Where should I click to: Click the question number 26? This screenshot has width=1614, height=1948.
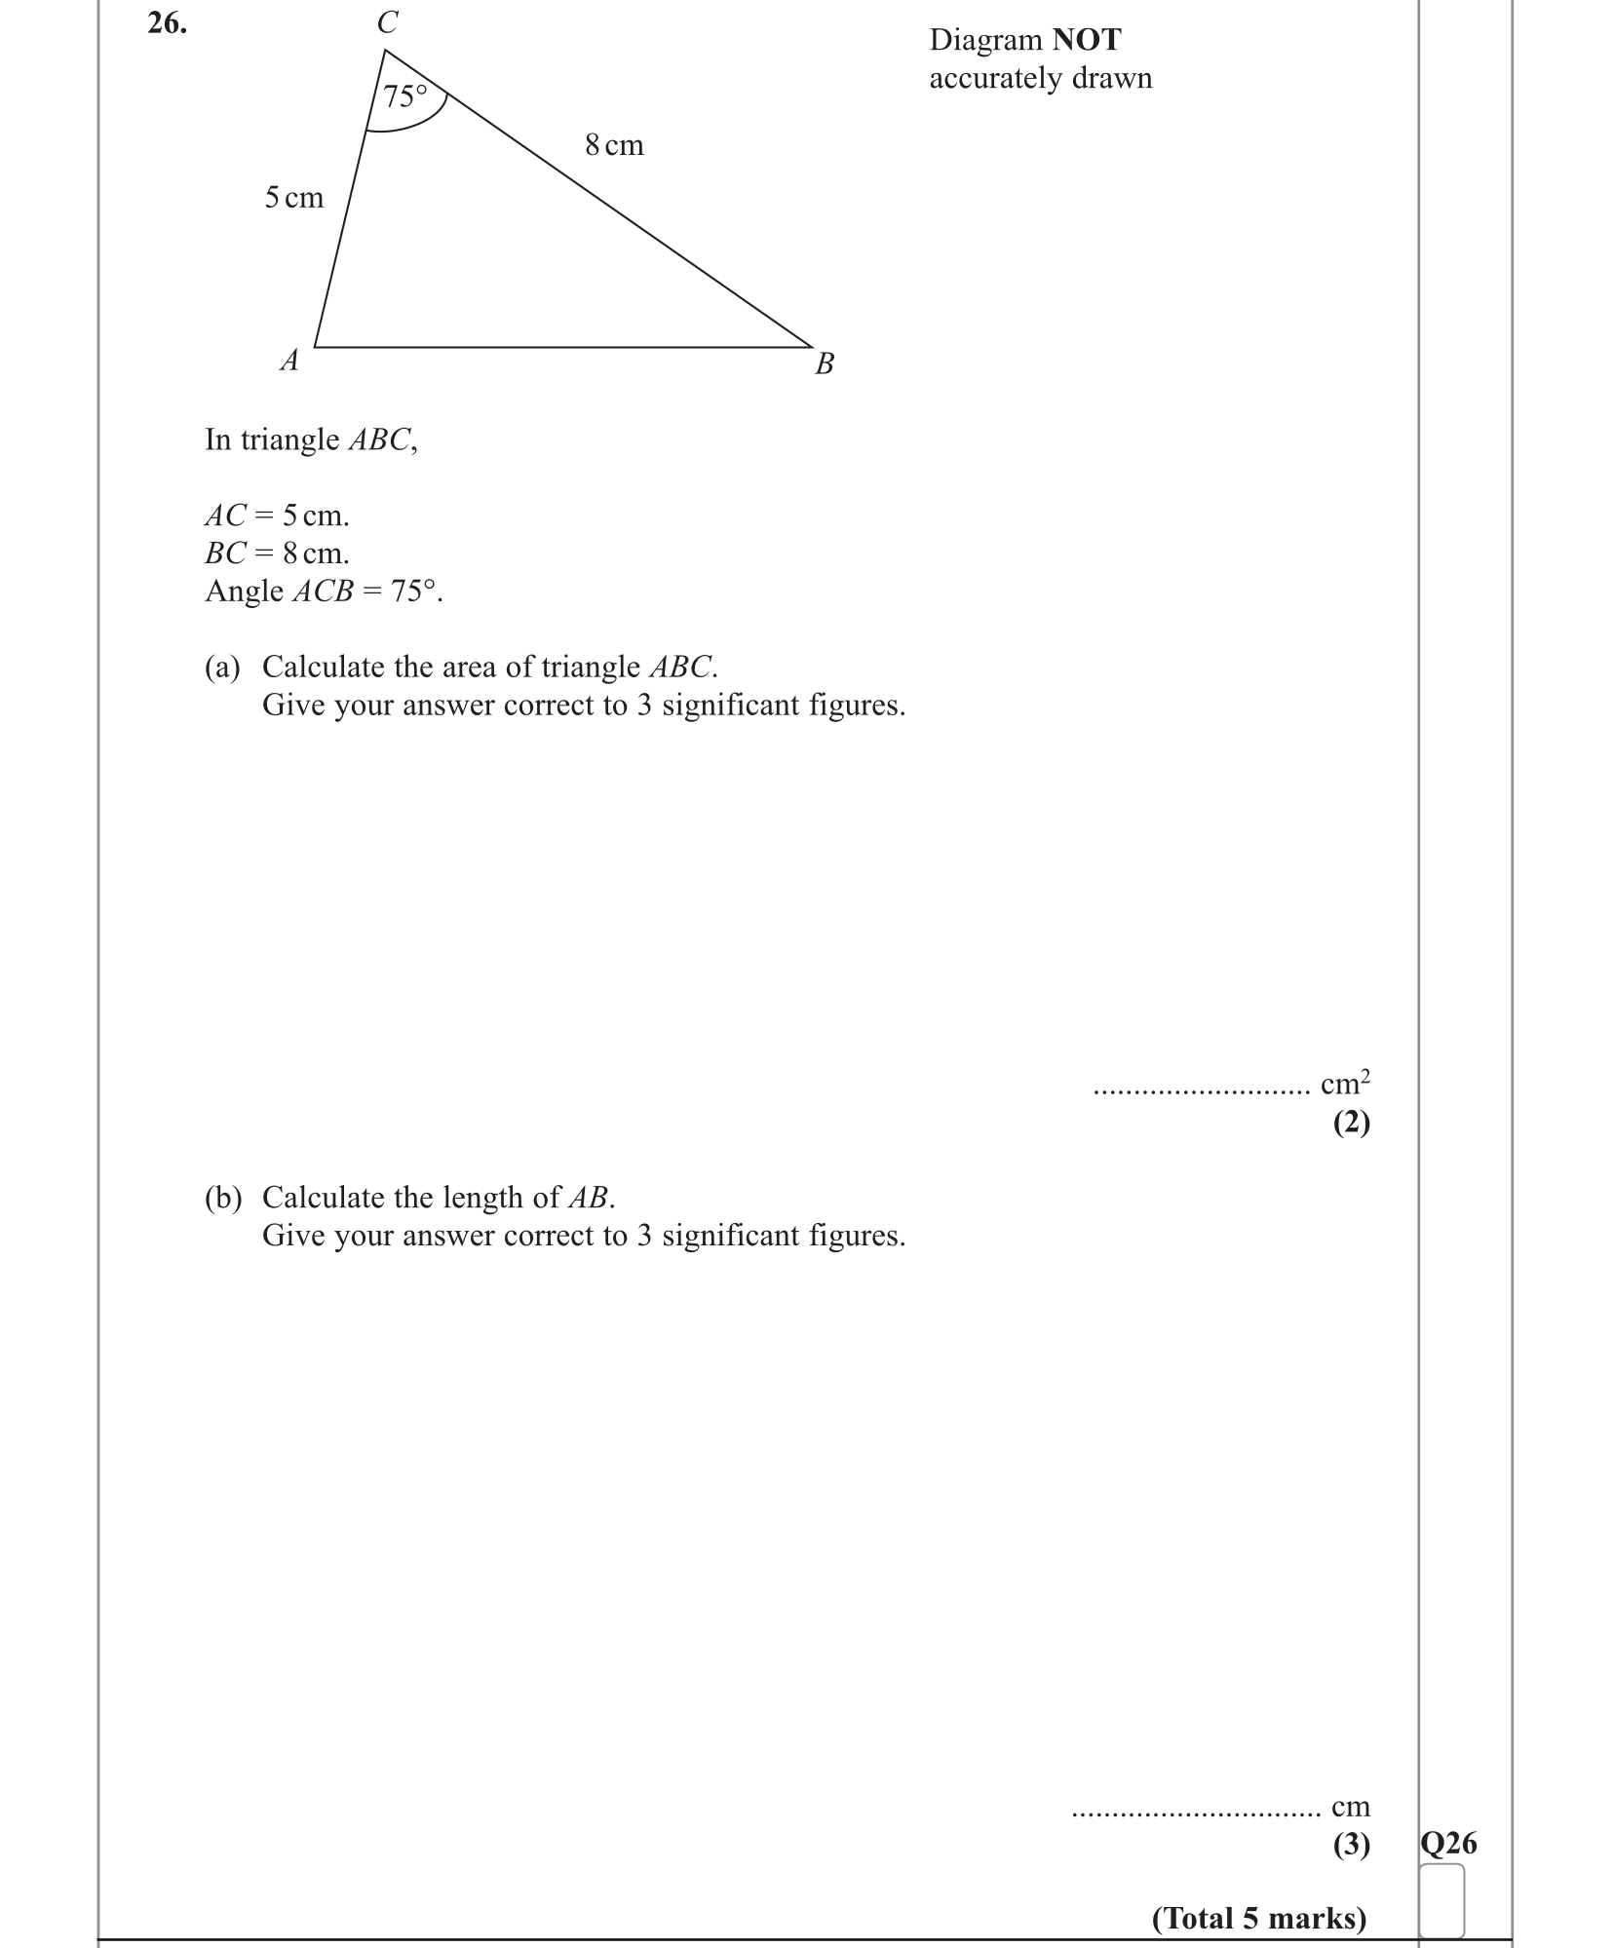[167, 24]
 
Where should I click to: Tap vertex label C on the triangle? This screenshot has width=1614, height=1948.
[388, 22]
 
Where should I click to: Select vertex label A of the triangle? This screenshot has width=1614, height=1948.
[289, 362]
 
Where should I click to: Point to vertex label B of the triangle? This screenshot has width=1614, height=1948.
[825, 364]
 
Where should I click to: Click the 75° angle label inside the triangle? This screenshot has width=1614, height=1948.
[405, 96]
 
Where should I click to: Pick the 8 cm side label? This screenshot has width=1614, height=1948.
[614, 145]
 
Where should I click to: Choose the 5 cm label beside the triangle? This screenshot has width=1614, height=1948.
[293, 198]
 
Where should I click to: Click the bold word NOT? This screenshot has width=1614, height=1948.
[1087, 40]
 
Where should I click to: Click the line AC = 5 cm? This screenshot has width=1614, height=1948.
[277, 515]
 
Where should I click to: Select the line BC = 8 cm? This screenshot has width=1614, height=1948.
[277, 554]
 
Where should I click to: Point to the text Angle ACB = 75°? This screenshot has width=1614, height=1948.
[324, 592]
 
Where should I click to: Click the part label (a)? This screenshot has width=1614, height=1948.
[222, 667]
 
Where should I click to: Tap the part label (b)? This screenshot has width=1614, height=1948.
[222, 1197]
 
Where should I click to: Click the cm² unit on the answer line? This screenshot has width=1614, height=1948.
[1345, 1083]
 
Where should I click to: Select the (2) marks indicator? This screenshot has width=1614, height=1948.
[1351, 1123]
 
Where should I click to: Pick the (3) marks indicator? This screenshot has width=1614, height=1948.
[1351, 1844]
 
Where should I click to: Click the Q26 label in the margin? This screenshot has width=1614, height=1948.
[1448, 1843]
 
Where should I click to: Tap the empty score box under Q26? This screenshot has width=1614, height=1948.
[1441, 1900]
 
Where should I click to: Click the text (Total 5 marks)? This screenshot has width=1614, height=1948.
[1259, 1918]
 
